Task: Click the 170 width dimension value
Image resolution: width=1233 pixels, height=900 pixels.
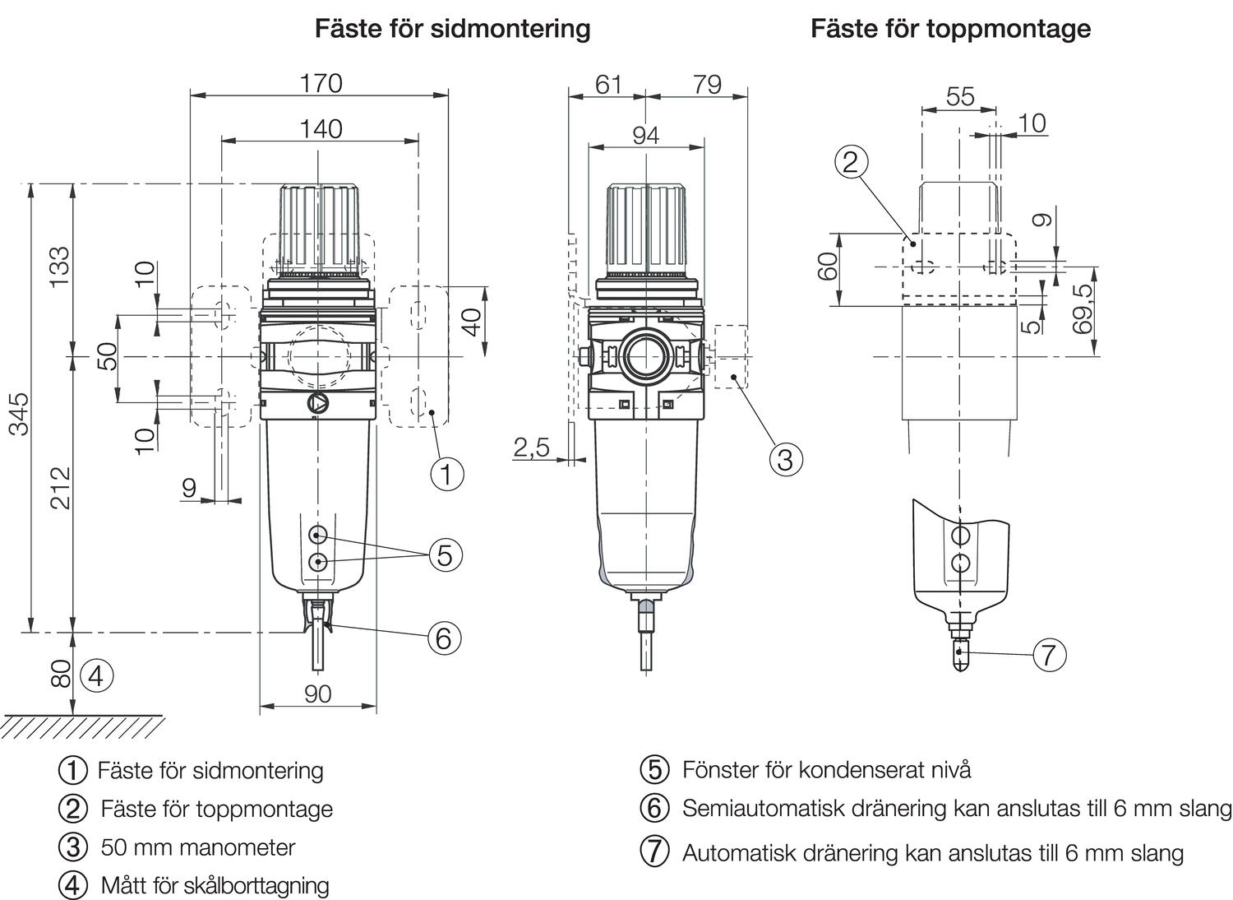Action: click(x=321, y=83)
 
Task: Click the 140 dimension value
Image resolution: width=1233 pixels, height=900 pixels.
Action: click(x=321, y=129)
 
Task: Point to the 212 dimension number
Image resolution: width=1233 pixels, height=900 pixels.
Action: click(x=61, y=487)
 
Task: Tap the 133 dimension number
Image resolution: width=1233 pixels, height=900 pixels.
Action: click(x=61, y=267)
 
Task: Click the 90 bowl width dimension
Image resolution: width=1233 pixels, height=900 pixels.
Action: click(x=317, y=694)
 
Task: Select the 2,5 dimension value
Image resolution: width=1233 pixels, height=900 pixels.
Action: click(x=531, y=448)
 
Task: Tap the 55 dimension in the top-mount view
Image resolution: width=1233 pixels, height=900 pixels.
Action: click(x=959, y=96)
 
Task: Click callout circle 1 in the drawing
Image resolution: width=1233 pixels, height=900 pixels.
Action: click(x=446, y=474)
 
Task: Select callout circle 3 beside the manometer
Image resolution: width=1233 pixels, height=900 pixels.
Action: click(x=785, y=459)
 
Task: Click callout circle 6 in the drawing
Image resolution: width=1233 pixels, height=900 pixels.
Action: click(x=443, y=638)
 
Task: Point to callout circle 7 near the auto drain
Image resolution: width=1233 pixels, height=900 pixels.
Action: click(x=1048, y=656)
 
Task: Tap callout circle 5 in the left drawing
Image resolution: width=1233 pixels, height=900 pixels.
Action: click(x=444, y=555)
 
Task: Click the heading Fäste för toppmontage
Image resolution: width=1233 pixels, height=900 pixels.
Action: click(x=950, y=29)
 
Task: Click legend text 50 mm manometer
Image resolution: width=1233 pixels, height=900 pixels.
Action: click(x=197, y=847)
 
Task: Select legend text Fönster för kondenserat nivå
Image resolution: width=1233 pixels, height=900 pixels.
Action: click(x=826, y=769)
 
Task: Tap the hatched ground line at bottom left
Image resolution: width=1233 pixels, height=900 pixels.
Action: click(x=82, y=726)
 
